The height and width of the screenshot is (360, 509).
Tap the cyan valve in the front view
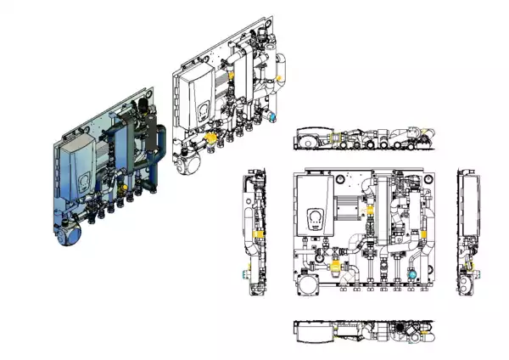tap(411, 273)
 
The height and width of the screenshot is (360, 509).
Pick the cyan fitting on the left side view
tap(249, 272)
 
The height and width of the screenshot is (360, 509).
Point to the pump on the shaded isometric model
tap(67, 229)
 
